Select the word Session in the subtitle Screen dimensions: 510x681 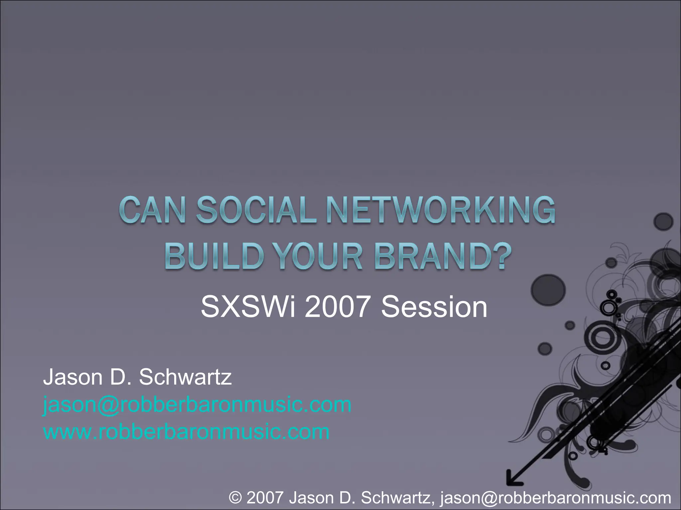coord(434,307)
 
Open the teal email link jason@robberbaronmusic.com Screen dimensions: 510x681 coord(197,405)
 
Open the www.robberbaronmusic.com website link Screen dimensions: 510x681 coord(186,432)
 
